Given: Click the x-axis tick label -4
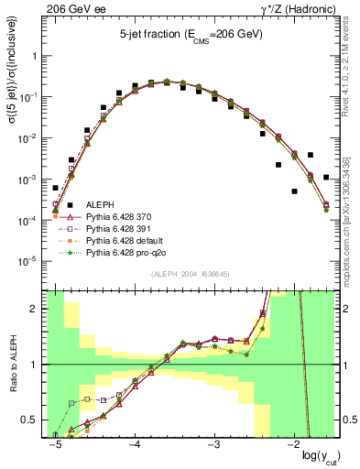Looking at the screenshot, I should (134, 443).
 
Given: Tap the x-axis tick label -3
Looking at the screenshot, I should (213, 443).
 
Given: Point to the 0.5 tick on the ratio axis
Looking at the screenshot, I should (35, 420).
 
